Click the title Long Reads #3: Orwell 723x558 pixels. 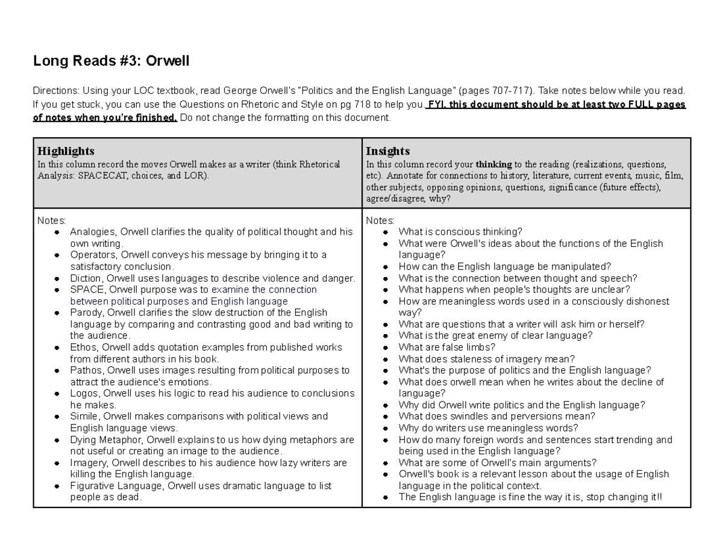111,61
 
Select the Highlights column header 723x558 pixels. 66,150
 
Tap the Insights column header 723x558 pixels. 387,150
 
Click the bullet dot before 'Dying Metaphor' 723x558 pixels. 57,440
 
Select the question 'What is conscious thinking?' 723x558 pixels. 460,232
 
